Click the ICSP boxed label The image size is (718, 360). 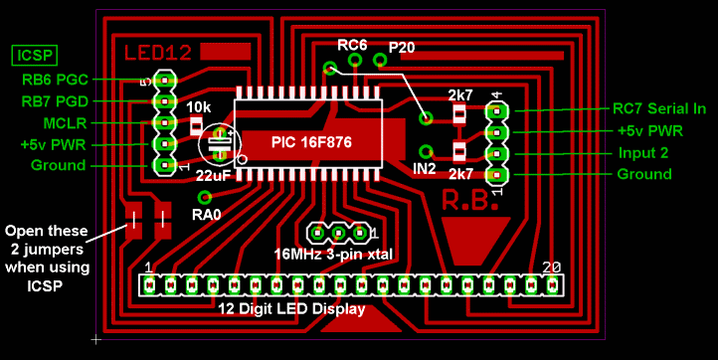point(34,55)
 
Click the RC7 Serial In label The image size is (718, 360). point(657,108)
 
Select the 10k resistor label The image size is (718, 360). point(198,106)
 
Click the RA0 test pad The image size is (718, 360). point(205,197)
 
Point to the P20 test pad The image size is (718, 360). point(379,61)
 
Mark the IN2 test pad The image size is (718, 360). point(426,151)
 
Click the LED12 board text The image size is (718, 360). point(157,52)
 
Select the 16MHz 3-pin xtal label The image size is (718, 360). point(332,254)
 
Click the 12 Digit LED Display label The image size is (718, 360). point(291,309)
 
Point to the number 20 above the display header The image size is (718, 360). point(553,269)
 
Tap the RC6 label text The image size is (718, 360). point(352,45)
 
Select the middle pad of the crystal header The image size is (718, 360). point(338,234)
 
